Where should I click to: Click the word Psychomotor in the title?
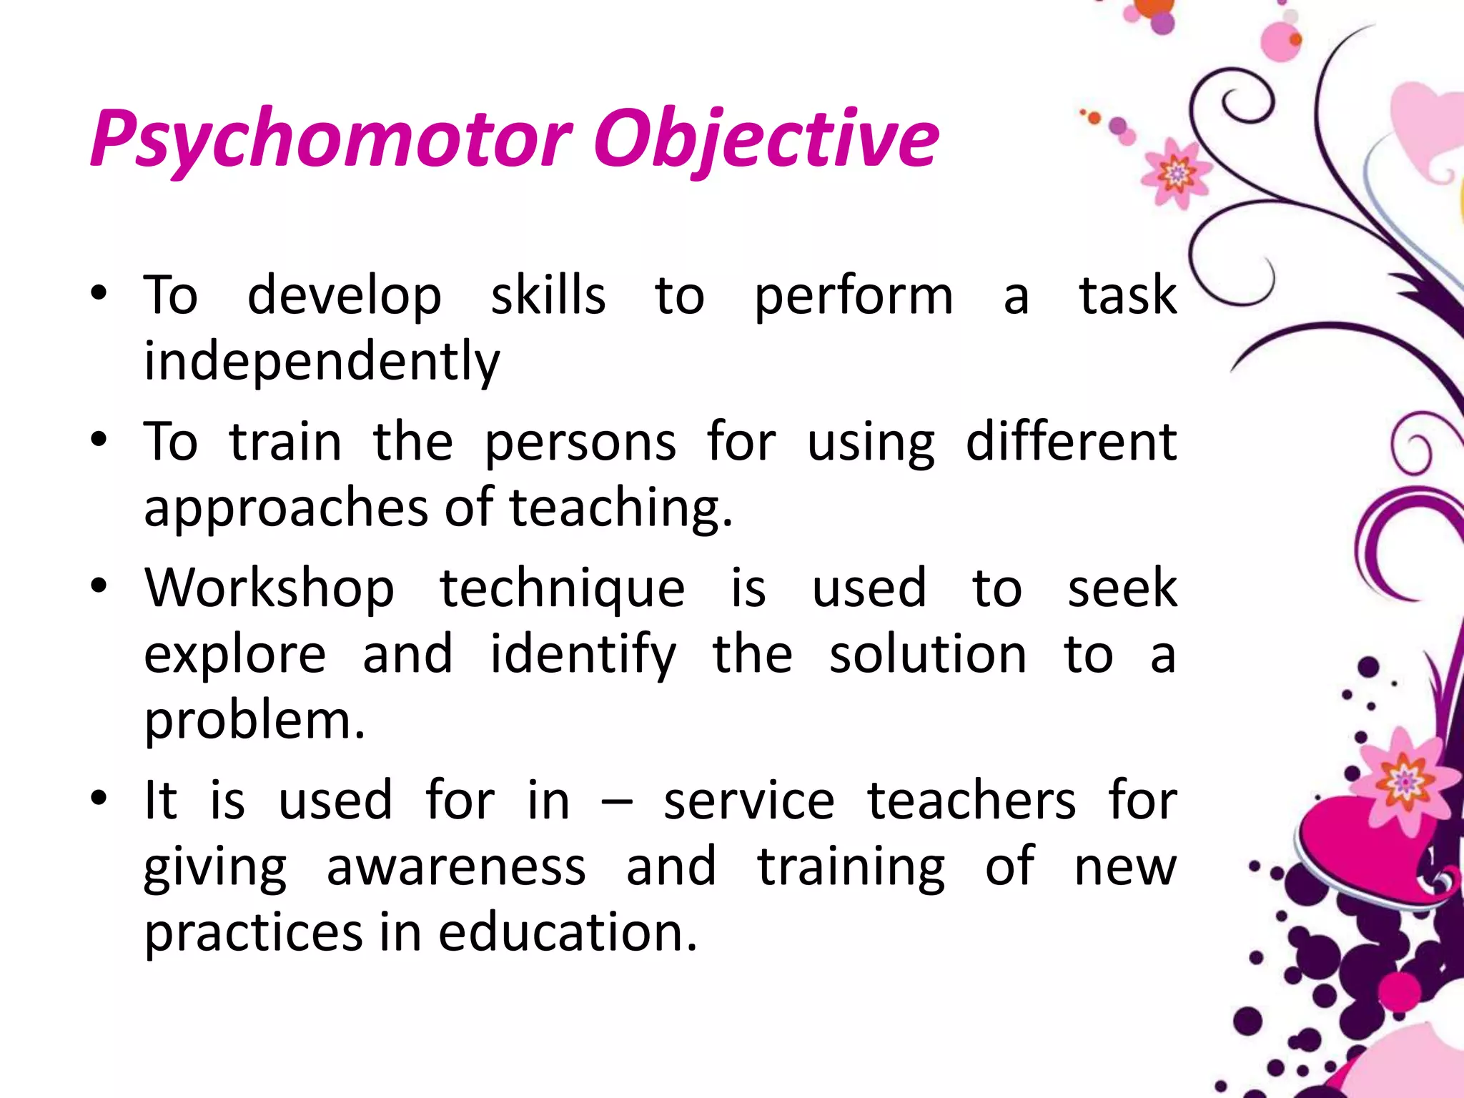click(x=330, y=139)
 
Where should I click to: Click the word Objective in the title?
click(x=766, y=139)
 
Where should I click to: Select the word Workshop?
click(x=269, y=588)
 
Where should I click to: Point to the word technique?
click(x=562, y=588)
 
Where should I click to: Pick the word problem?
click(x=254, y=721)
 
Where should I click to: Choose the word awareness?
click(x=456, y=867)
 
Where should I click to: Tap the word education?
click(x=567, y=933)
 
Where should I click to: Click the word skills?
click(x=548, y=295)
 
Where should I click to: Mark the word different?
click(x=1071, y=442)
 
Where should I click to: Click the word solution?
click(x=928, y=655)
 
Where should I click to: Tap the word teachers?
click(x=971, y=801)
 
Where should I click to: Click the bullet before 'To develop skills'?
click(x=99, y=293)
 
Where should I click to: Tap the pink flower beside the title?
click(x=1175, y=174)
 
